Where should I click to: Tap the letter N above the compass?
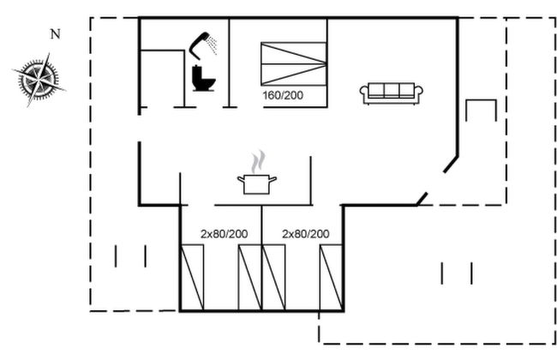[x=56, y=35]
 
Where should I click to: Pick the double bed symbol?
[x=294, y=63]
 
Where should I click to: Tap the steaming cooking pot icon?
[x=257, y=183]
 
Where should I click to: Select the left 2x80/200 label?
[x=225, y=233]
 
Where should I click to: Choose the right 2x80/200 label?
[x=306, y=233]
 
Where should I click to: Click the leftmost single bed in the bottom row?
[x=193, y=278]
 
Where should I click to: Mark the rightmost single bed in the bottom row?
[x=331, y=278]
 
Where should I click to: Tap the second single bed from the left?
[x=249, y=278]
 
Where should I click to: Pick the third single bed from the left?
[x=275, y=278]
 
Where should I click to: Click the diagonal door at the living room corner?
[x=438, y=181]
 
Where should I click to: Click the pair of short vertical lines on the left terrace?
[x=130, y=255]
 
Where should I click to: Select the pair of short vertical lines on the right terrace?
[x=457, y=273]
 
